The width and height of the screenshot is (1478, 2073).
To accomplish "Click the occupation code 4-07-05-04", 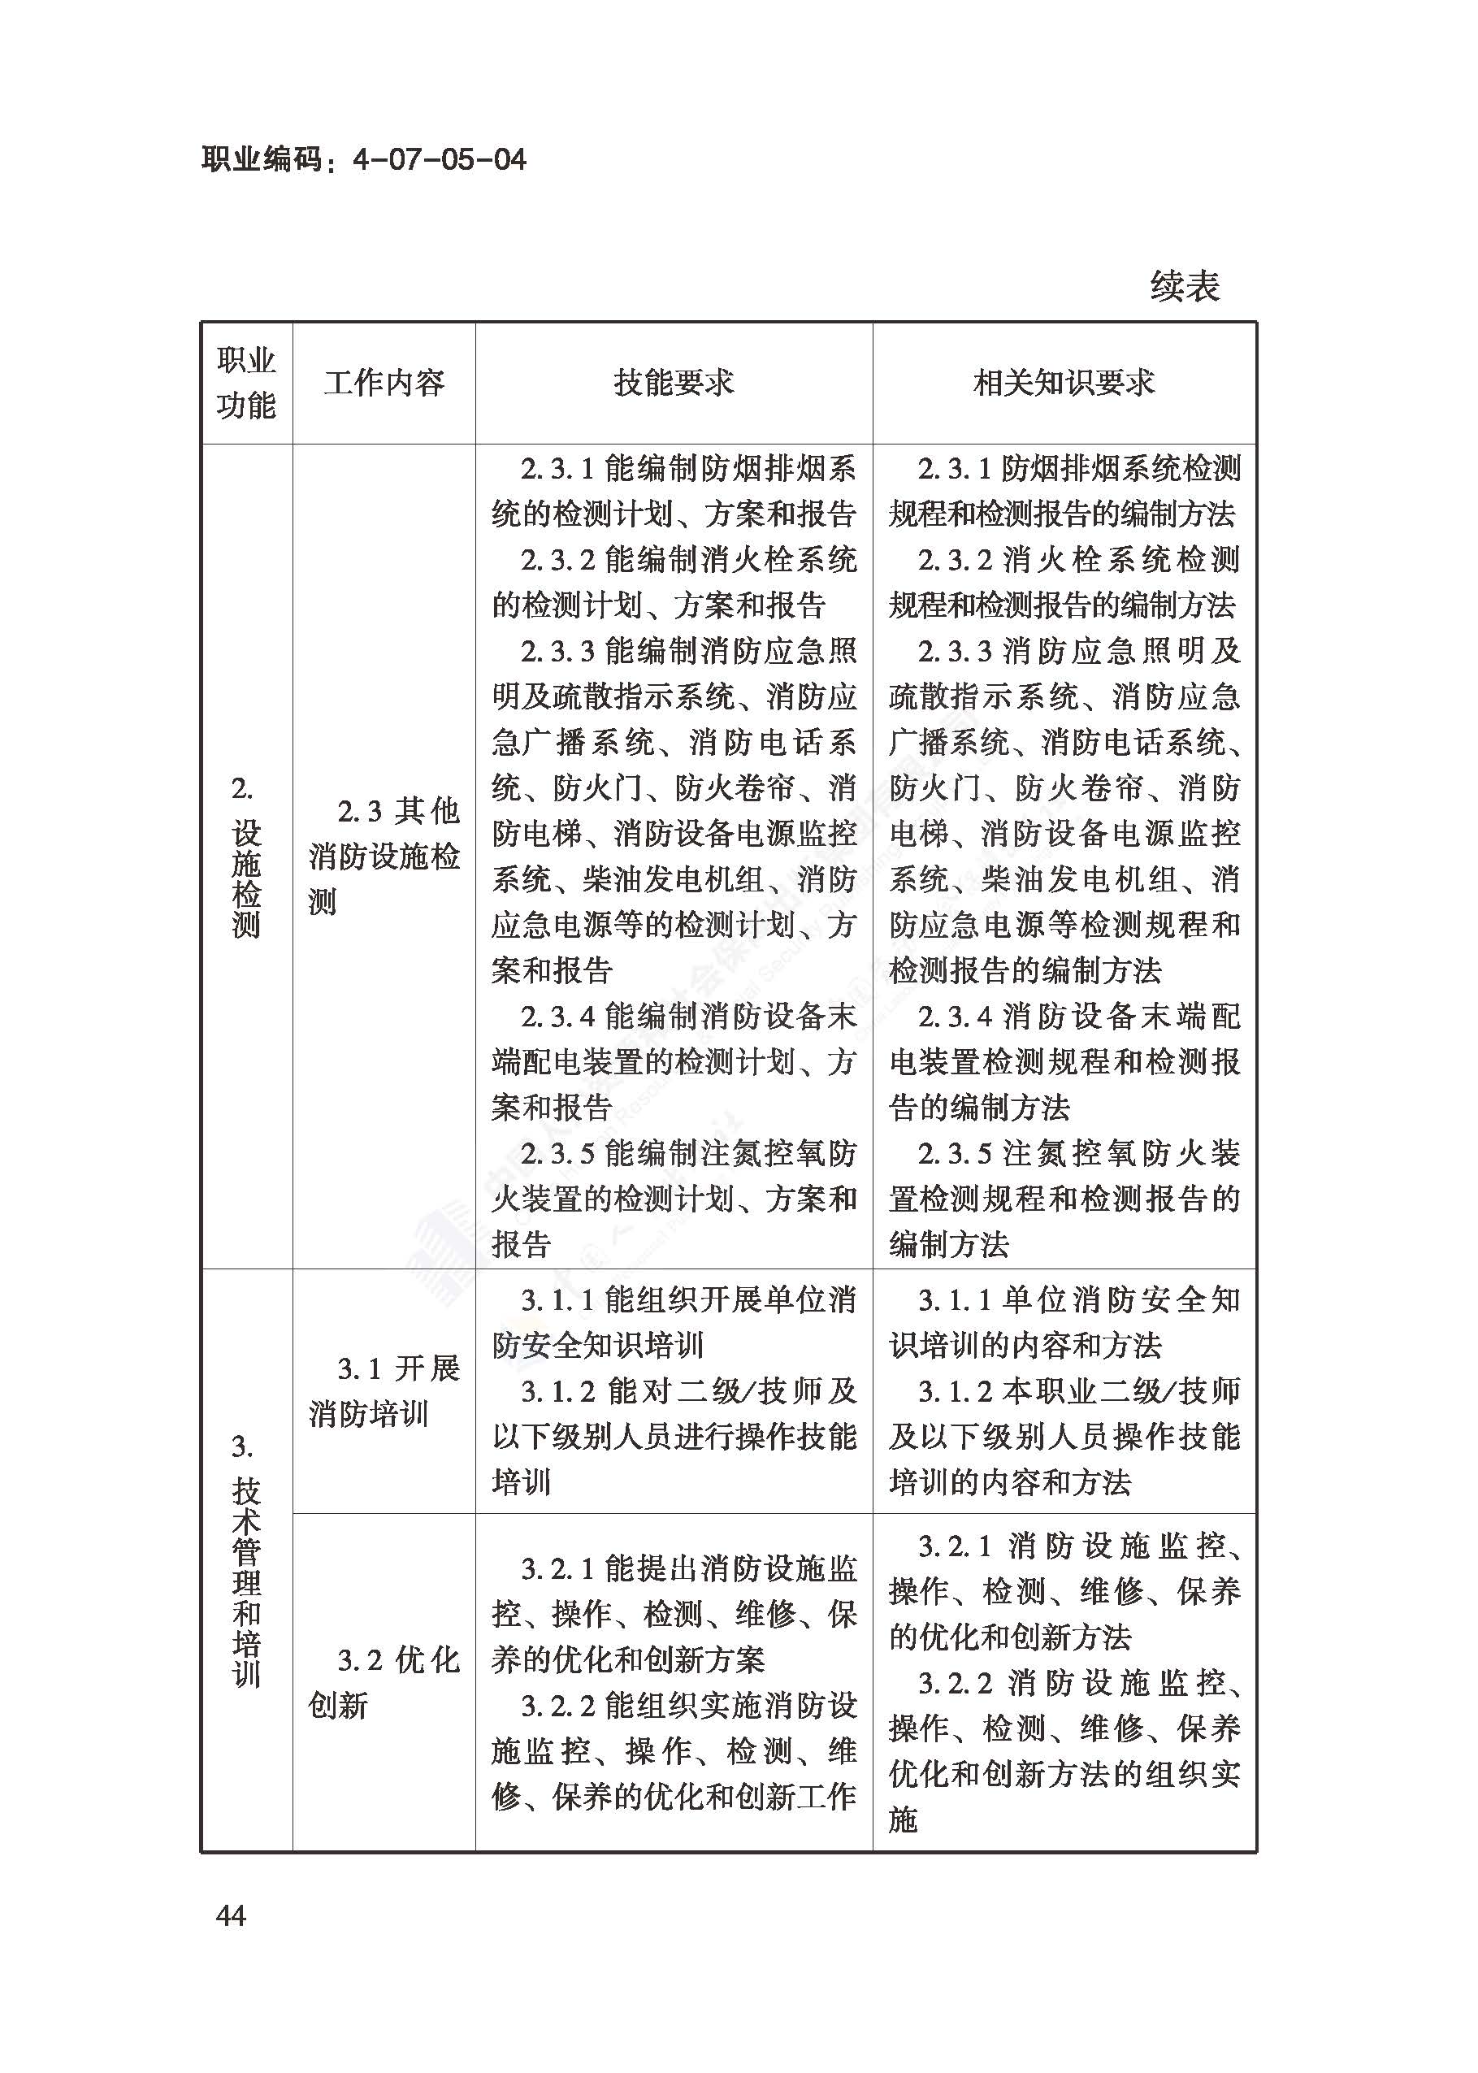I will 439,160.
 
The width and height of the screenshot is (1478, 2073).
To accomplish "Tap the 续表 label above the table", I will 1184,287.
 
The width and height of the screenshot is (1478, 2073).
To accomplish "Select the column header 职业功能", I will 245,383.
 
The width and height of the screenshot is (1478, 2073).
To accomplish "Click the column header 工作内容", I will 384,383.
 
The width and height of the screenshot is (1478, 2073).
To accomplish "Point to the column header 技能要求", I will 674,383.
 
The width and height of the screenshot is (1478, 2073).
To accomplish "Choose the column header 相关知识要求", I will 1064,383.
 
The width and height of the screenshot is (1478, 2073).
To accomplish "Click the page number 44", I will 231,1915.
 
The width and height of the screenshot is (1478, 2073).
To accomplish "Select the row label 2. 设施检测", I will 245,857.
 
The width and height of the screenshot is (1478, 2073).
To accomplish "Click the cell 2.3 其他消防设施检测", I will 384,857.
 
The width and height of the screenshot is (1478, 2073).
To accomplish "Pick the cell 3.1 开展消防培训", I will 384,1391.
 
